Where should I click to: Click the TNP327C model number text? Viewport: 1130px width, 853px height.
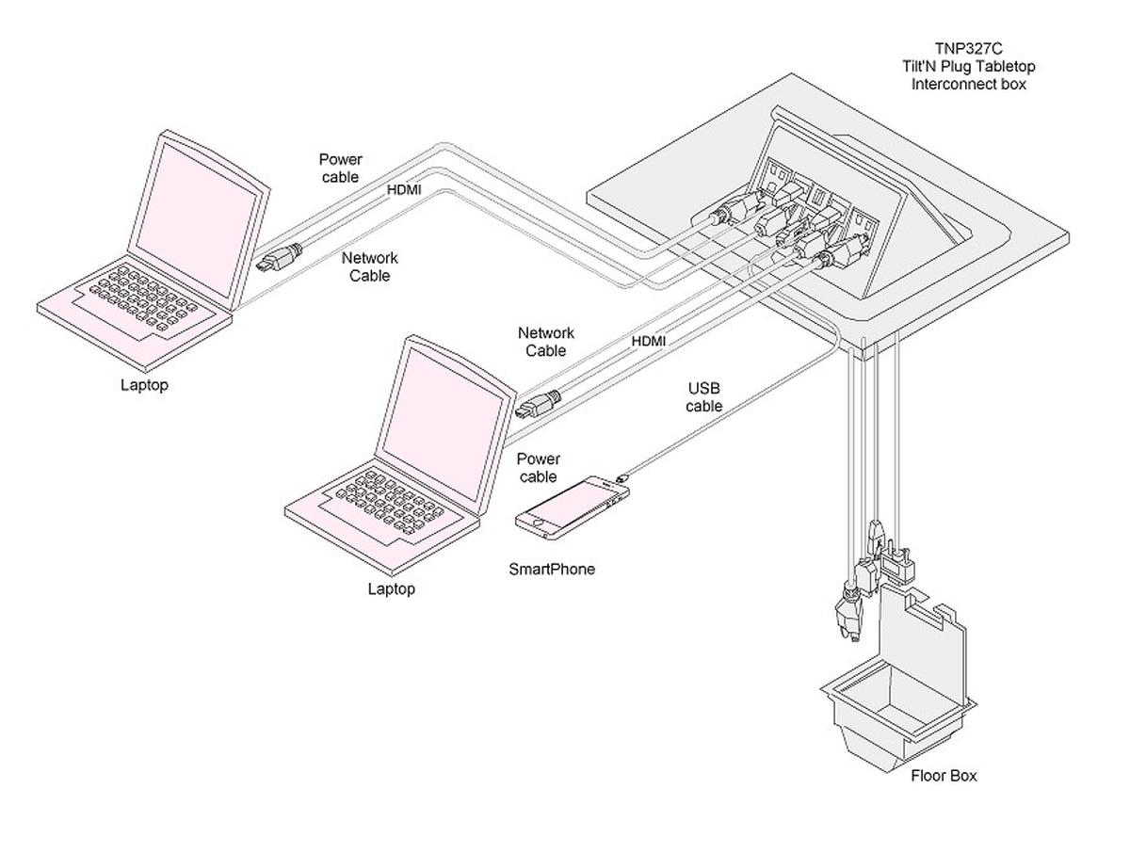[x=968, y=48]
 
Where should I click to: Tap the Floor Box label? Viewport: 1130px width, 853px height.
[x=944, y=776]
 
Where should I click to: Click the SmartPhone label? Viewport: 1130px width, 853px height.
[x=552, y=569]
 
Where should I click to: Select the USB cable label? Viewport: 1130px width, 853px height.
[x=704, y=397]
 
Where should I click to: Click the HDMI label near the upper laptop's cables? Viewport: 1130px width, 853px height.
[x=405, y=189]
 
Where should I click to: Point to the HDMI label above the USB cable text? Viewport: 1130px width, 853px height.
[x=649, y=341]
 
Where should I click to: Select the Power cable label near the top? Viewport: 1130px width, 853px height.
[x=340, y=169]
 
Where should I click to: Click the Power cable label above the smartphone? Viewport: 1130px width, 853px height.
[x=539, y=468]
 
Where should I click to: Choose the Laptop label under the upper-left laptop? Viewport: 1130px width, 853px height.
[x=144, y=384]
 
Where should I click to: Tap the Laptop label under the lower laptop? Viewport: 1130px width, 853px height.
[x=391, y=589]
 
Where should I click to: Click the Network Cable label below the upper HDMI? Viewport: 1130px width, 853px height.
[x=369, y=266]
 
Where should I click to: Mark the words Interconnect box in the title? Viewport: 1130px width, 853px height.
[x=968, y=84]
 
